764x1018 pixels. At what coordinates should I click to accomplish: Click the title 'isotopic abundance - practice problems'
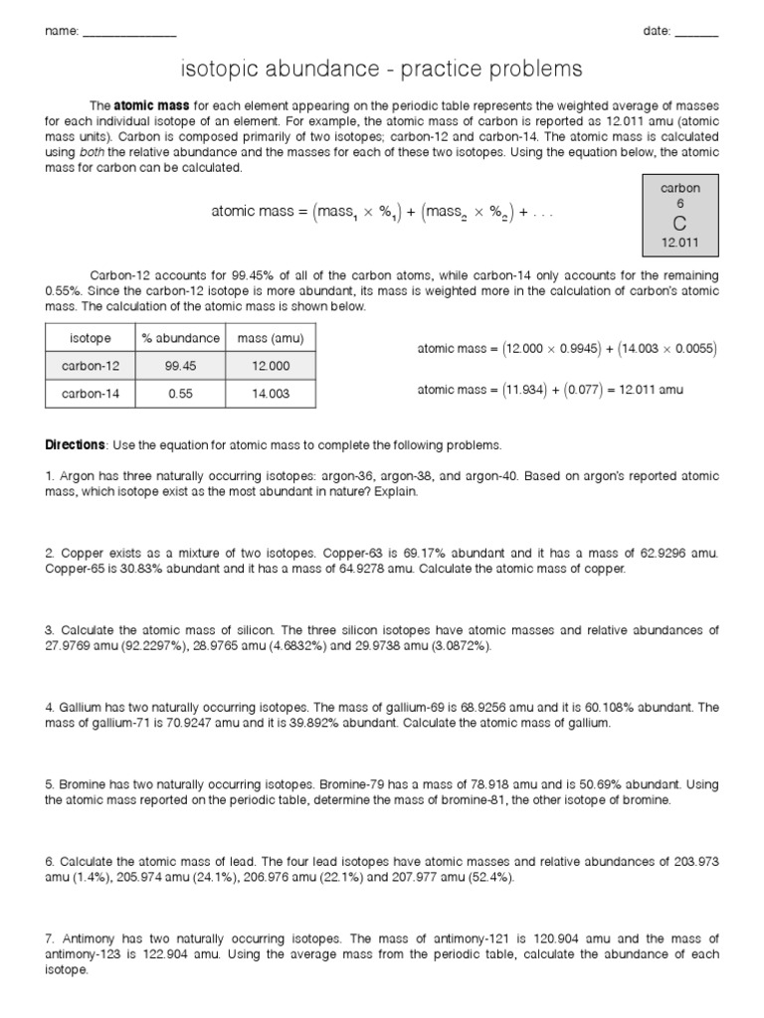pyautogui.click(x=381, y=70)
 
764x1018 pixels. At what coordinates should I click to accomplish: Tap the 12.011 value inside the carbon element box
pyautogui.click(x=680, y=243)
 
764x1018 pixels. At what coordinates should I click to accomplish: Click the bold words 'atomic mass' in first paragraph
pyautogui.click(x=146, y=104)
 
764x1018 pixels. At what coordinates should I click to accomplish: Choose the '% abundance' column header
pyautogui.click(x=180, y=339)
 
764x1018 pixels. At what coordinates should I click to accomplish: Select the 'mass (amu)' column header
pyautogui.click(x=271, y=339)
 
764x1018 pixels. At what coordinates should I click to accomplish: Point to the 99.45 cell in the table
pyautogui.click(x=180, y=366)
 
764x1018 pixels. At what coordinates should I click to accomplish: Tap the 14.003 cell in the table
pyautogui.click(x=271, y=394)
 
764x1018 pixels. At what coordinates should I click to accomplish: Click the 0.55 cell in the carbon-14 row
pyautogui.click(x=180, y=394)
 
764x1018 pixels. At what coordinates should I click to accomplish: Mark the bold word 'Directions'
pyautogui.click(x=75, y=444)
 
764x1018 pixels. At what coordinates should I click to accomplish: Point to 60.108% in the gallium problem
pyautogui.click(x=613, y=707)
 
